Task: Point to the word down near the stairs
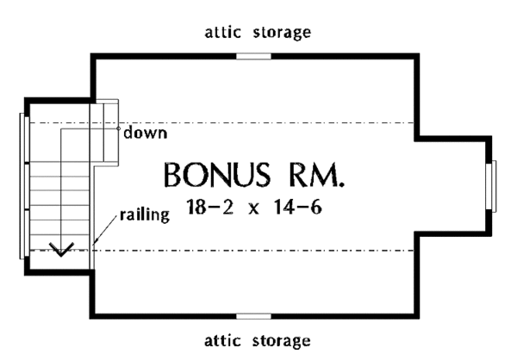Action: pyautogui.click(x=145, y=133)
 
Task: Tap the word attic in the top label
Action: pyautogui.click(x=224, y=33)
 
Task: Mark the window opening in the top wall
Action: pyautogui.click(x=253, y=56)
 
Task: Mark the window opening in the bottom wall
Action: pyautogui.click(x=253, y=316)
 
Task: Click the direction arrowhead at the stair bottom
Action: pyautogui.click(x=60, y=251)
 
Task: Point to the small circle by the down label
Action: pyautogui.click(x=119, y=128)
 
